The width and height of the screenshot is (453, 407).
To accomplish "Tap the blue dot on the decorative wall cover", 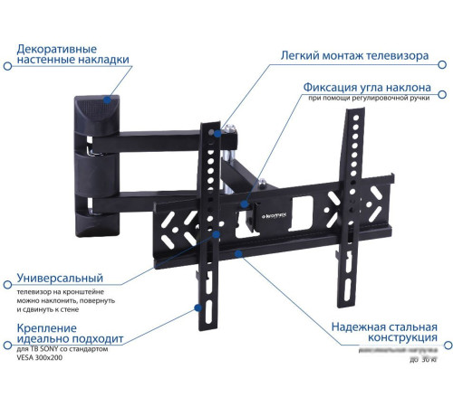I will point(108,101).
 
